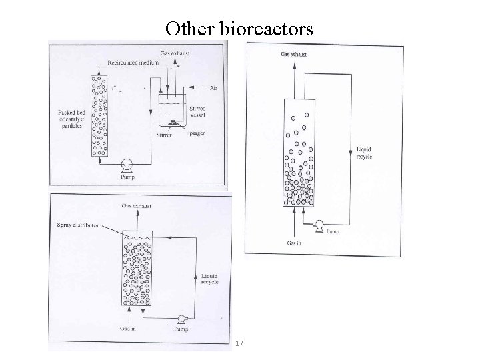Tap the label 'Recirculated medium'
tap(130, 62)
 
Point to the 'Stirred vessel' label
tap(197, 111)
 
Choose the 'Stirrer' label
tap(164, 135)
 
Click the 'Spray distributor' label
tap(77, 225)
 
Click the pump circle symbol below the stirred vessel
tap(127, 163)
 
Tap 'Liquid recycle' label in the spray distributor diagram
tap(211, 278)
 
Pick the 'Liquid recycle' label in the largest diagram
tap(364, 153)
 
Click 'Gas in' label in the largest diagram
tap(295, 243)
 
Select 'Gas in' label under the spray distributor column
tap(129, 329)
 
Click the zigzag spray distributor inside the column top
tap(136, 237)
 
